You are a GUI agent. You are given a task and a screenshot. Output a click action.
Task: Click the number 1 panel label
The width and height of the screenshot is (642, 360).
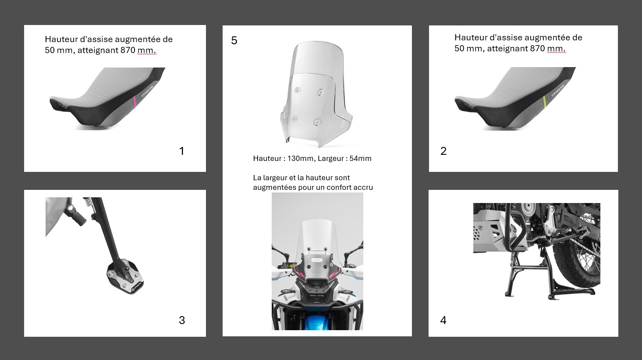pos(182,151)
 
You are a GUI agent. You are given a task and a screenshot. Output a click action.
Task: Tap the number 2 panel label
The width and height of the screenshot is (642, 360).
pos(443,151)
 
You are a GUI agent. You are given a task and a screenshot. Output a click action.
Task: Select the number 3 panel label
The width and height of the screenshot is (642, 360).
pos(182,320)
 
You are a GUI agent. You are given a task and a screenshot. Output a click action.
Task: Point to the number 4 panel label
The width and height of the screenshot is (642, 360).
pos(443,320)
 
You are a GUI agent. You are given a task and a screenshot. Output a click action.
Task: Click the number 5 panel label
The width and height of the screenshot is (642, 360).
pos(234,40)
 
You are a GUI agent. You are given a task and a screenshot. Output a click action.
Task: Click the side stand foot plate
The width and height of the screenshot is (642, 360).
pos(125,277)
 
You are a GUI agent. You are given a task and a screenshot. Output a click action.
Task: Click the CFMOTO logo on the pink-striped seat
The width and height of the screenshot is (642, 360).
pos(147,91)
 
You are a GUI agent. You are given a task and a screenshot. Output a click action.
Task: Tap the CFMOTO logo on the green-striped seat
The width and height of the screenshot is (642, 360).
pos(558,91)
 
